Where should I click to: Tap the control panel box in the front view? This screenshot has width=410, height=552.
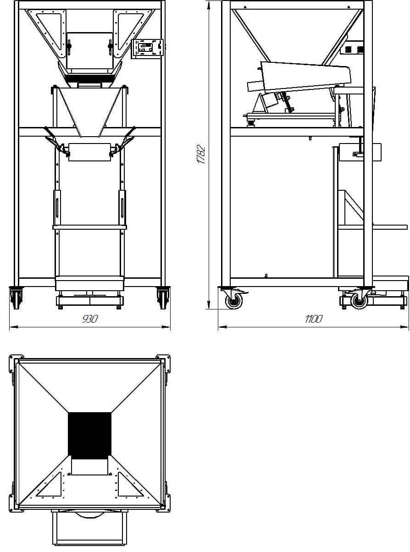[148, 49]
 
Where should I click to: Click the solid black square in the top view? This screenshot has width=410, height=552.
[90, 434]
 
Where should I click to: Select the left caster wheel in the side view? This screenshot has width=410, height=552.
[234, 301]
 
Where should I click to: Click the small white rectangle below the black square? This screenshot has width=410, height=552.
[90, 466]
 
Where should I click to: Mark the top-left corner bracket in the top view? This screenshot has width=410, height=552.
[17, 362]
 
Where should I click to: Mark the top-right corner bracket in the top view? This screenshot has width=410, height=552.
[163, 362]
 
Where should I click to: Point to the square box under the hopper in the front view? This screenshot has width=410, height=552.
[90, 50]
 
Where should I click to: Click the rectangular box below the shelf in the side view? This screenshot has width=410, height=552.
[360, 153]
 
